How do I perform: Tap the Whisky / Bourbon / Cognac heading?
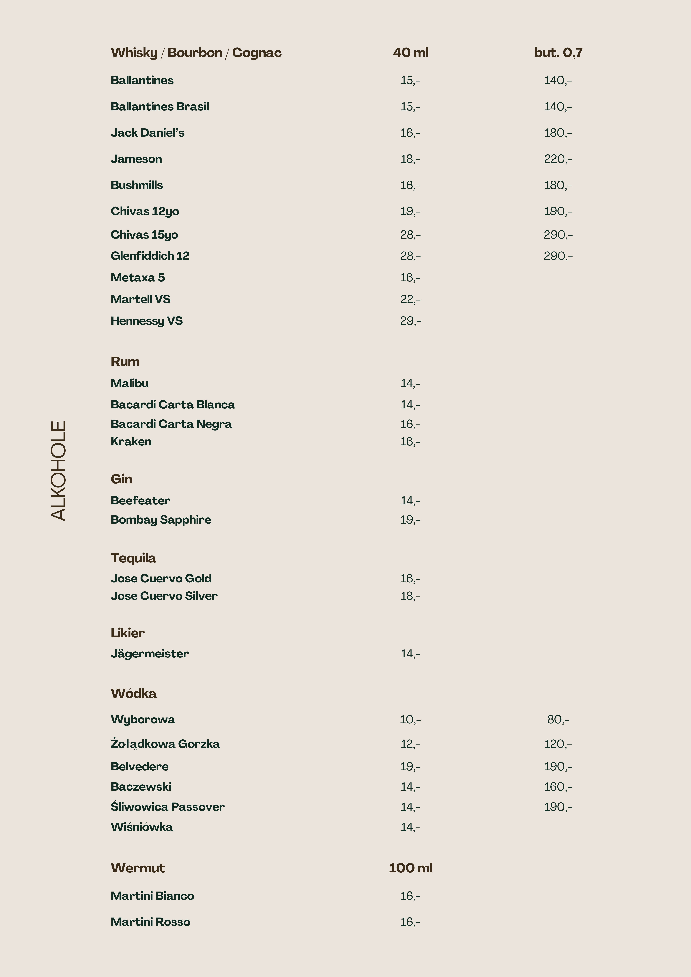pyautogui.click(x=196, y=53)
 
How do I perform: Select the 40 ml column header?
pyautogui.click(x=410, y=53)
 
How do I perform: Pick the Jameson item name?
pyautogui.click(x=136, y=159)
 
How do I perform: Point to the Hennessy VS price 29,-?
pyautogui.click(x=410, y=321)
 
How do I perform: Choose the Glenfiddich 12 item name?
pyautogui.click(x=150, y=256)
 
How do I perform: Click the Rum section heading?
pyautogui.click(x=125, y=361)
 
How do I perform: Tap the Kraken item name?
pyautogui.click(x=131, y=441)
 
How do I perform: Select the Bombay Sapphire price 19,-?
pyautogui.click(x=410, y=520)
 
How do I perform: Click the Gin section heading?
pyautogui.click(x=121, y=479)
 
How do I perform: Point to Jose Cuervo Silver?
pyautogui.click(x=164, y=596)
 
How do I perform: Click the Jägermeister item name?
pyautogui.click(x=149, y=654)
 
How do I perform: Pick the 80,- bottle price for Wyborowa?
pyautogui.click(x=558, y=720)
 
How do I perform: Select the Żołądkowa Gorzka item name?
pyautogui.click(x=165, y=744)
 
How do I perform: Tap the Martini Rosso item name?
pyautogui.click(x=150, y=922)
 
